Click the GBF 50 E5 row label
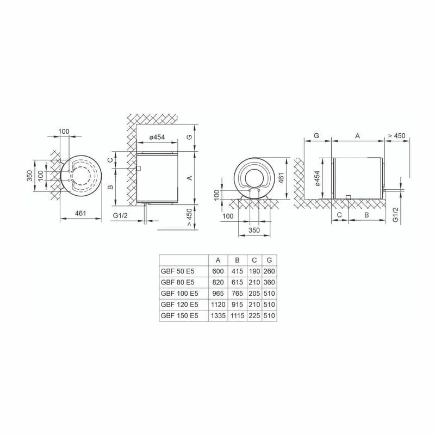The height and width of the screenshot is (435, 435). point(178,271)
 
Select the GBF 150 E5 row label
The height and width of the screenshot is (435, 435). point(179,315)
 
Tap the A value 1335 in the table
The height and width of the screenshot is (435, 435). point(218,315)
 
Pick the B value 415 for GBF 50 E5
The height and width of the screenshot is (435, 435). point(237,271)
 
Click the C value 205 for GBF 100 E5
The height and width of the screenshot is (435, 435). point(254,293)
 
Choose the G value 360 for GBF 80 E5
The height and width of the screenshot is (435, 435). point(269,282)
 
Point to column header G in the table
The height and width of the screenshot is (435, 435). point(269,260)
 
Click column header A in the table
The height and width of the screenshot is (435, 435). point(218,260)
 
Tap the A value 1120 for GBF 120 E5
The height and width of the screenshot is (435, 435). point(218,304)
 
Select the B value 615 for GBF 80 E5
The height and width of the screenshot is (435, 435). point(237,282)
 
